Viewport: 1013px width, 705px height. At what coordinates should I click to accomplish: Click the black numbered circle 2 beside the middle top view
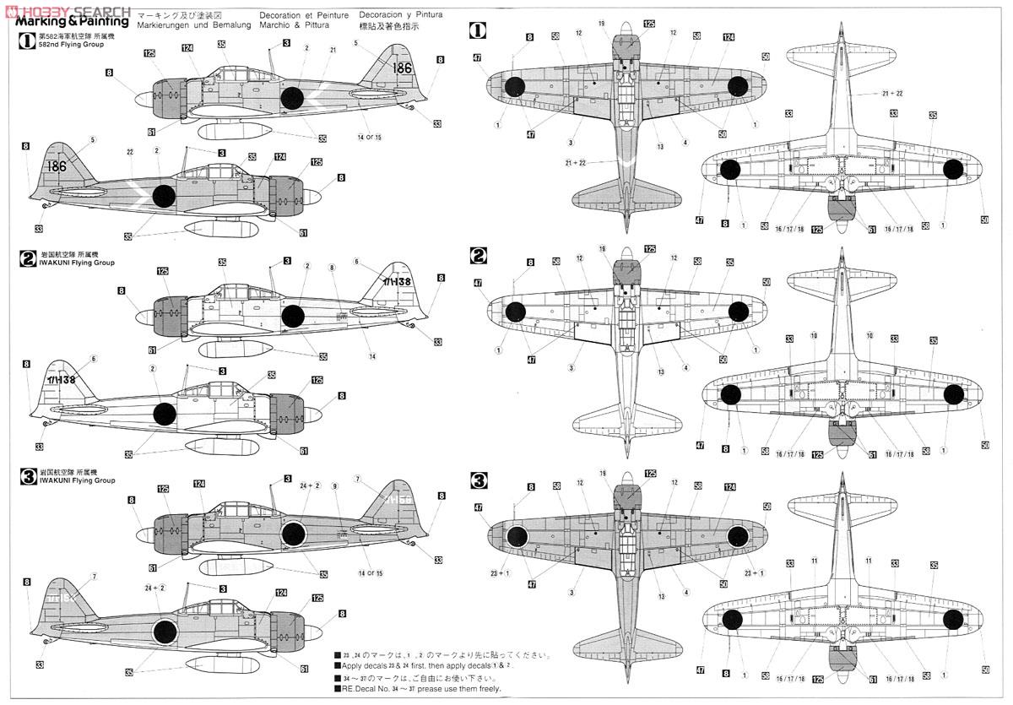pos(479,254)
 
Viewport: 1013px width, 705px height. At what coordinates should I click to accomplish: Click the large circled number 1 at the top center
pos(478,31)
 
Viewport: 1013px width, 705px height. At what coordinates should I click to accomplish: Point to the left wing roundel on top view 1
pos(514,84)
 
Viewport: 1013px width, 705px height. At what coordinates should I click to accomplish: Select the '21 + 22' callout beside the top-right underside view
pos(891,94)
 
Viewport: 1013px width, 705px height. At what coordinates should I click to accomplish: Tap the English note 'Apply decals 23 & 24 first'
pos(426,666)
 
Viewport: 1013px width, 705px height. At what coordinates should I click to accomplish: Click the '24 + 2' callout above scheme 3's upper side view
pos(310,485)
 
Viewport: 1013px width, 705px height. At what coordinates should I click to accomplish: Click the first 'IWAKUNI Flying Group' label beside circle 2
pos(77,263)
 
